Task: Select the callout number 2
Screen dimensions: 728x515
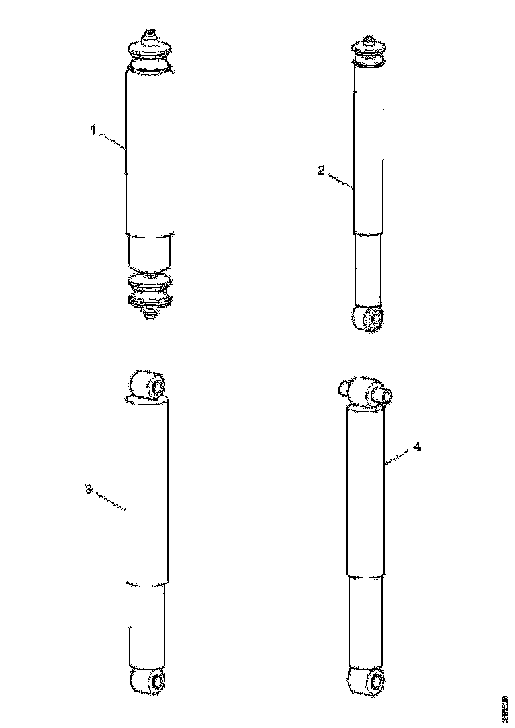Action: [x=321, y=171]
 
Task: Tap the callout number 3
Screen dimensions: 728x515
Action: [x=88, y=490]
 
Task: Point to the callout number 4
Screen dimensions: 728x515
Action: [x=417, y=447]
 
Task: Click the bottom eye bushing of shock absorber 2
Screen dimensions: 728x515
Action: [x=368, y=318]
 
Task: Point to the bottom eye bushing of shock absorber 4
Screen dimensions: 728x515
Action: [x=366, y=680]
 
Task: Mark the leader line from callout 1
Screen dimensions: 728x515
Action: [x=113, y=140]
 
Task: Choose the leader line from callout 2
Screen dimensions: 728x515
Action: [x=340, y=181]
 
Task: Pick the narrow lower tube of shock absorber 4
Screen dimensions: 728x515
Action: [x=366, y=622]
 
